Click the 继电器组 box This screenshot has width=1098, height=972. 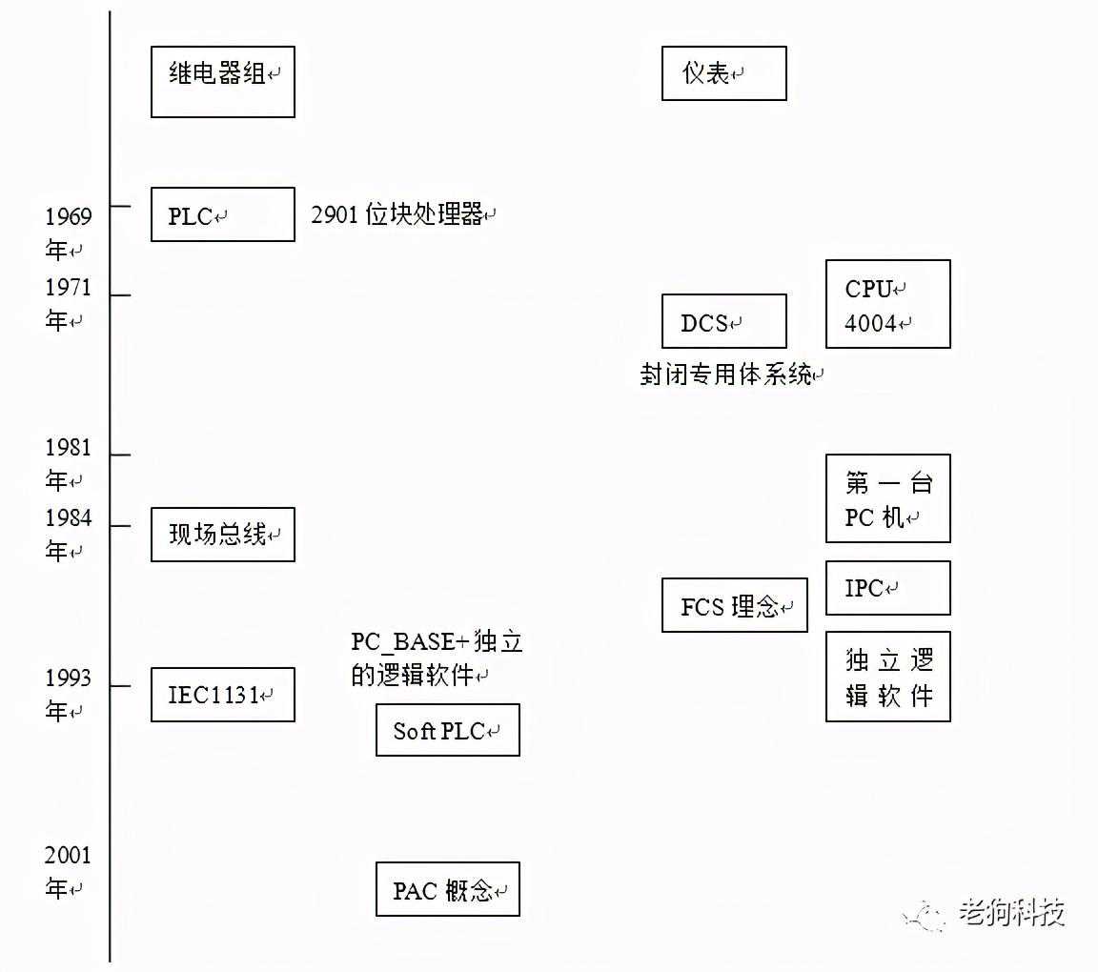pyautogui.click(x=223, y=81)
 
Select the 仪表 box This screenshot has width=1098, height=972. pyautogui.click(x=724, y=73)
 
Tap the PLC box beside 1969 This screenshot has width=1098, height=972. pyautogui.click(x=223, y=214)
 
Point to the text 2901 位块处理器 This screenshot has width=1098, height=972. pyautogui.click(x=402, y=214)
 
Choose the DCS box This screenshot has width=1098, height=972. pyautogui.click(x=724, y=321)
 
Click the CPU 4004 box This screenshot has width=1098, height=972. pyautogui.click(x=888, y=304)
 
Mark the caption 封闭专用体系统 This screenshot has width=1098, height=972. pyautogui.click(x=729, y=375)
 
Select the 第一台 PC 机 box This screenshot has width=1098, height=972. pyautogui.click(x=888, y=498)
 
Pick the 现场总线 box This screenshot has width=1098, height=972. pyautogui.click(x=223, y=535)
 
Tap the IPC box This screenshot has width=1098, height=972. pyautogui.click(x=888, y=588)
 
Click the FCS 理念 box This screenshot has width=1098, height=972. pyautogui.click(x=735, y=605)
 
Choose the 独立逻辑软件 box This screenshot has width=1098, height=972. pyautogui.click(x=888, y=677)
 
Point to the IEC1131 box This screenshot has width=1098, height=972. pyautogui.click(x=223, y=695)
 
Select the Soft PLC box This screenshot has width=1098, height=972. pyautogui.click(x=448, y=730)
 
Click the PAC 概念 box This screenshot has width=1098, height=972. pyautogui.click(x=448, y=889)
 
